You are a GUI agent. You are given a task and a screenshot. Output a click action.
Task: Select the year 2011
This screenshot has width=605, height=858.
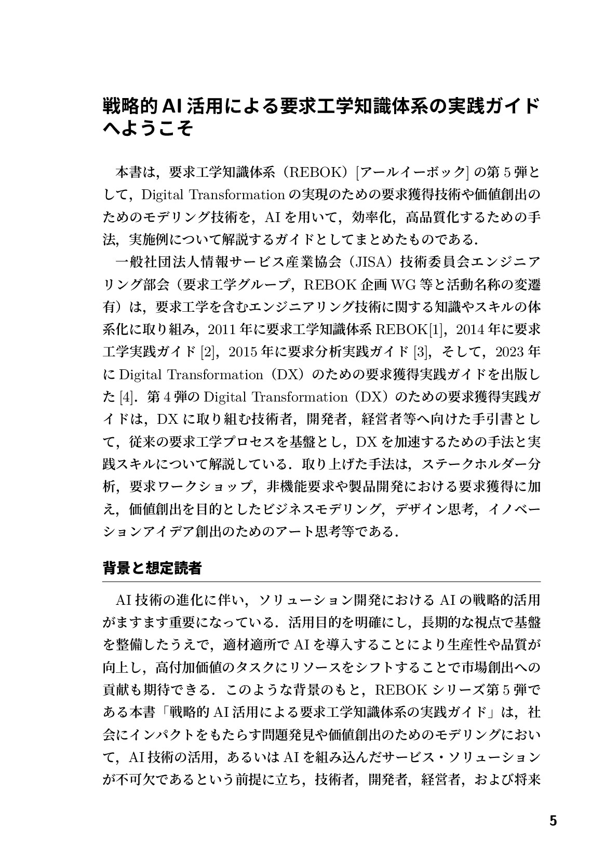pyautogui.click(x=223, y=329)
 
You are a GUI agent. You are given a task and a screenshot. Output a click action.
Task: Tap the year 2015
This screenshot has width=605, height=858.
pyautogui.click(x=243, y=352)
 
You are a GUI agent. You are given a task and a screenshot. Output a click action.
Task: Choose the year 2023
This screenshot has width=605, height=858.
pyautogui.click(x=510, y=352)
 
